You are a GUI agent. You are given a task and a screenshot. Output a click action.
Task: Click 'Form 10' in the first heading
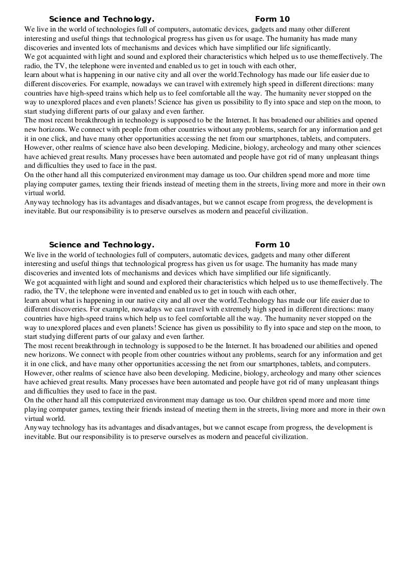(x=272, y=20)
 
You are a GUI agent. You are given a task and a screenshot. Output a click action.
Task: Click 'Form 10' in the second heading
(x=272, y=245)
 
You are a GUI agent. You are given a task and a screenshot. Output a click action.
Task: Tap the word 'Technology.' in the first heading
(x=129, y=20)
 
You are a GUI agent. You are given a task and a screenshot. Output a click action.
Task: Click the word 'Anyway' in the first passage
(x=37, y=202)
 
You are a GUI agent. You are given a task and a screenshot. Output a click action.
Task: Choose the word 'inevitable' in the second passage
(x=40, y=436)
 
